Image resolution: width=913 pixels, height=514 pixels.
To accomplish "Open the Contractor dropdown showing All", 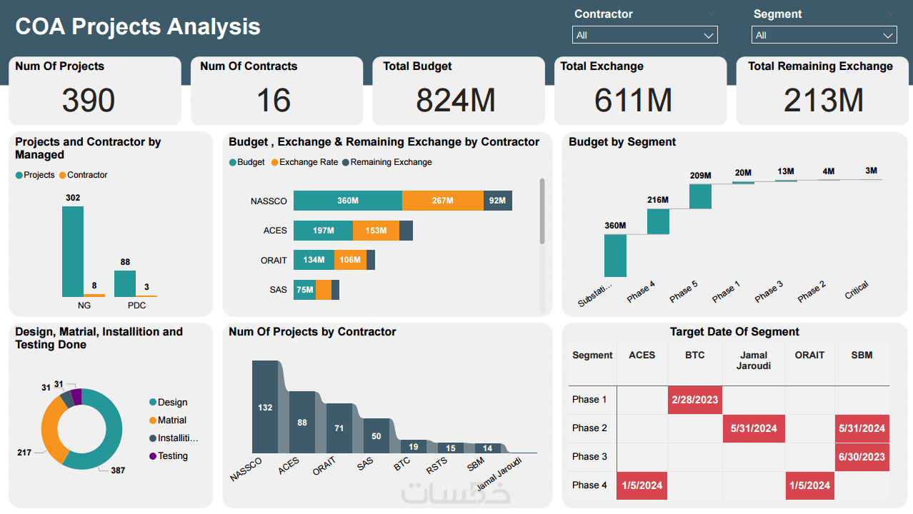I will [x=644, y=35].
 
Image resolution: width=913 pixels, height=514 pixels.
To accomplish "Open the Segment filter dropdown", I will [x=824, y=35].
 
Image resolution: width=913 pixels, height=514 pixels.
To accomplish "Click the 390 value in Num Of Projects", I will [x=89, y=101].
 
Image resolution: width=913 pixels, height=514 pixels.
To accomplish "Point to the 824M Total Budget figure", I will [x=456, y=101].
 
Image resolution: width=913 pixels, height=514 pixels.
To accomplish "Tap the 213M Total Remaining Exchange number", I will [x=823, y=101].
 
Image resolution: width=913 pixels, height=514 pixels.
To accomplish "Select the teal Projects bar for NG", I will [x=73, y=251].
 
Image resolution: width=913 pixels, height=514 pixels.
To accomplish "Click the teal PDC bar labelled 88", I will [x=125, y=283].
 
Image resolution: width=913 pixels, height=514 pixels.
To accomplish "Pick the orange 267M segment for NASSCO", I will [x=443, y=201].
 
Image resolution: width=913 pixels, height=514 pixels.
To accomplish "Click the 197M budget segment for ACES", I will [x=323, y=231].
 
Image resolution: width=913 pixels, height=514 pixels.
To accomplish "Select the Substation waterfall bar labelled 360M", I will [x=615, y=256].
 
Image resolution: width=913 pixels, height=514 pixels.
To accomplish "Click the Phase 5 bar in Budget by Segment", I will [x=700, y=196].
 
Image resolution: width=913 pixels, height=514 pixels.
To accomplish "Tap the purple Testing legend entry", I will [x=173, y=455].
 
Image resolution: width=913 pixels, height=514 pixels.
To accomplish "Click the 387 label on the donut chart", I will [x=118, y=470].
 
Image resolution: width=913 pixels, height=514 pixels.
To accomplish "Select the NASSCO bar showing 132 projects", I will [x=265, y=407].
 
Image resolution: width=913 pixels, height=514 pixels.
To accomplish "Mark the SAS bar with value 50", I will [x=376, y=435].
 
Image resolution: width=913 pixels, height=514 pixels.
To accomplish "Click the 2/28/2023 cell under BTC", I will [x=694, y=399].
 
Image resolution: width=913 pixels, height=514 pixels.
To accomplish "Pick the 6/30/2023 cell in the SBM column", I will [x=862, y=457].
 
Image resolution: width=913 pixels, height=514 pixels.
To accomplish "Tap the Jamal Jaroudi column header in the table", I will [x=754, y=360].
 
